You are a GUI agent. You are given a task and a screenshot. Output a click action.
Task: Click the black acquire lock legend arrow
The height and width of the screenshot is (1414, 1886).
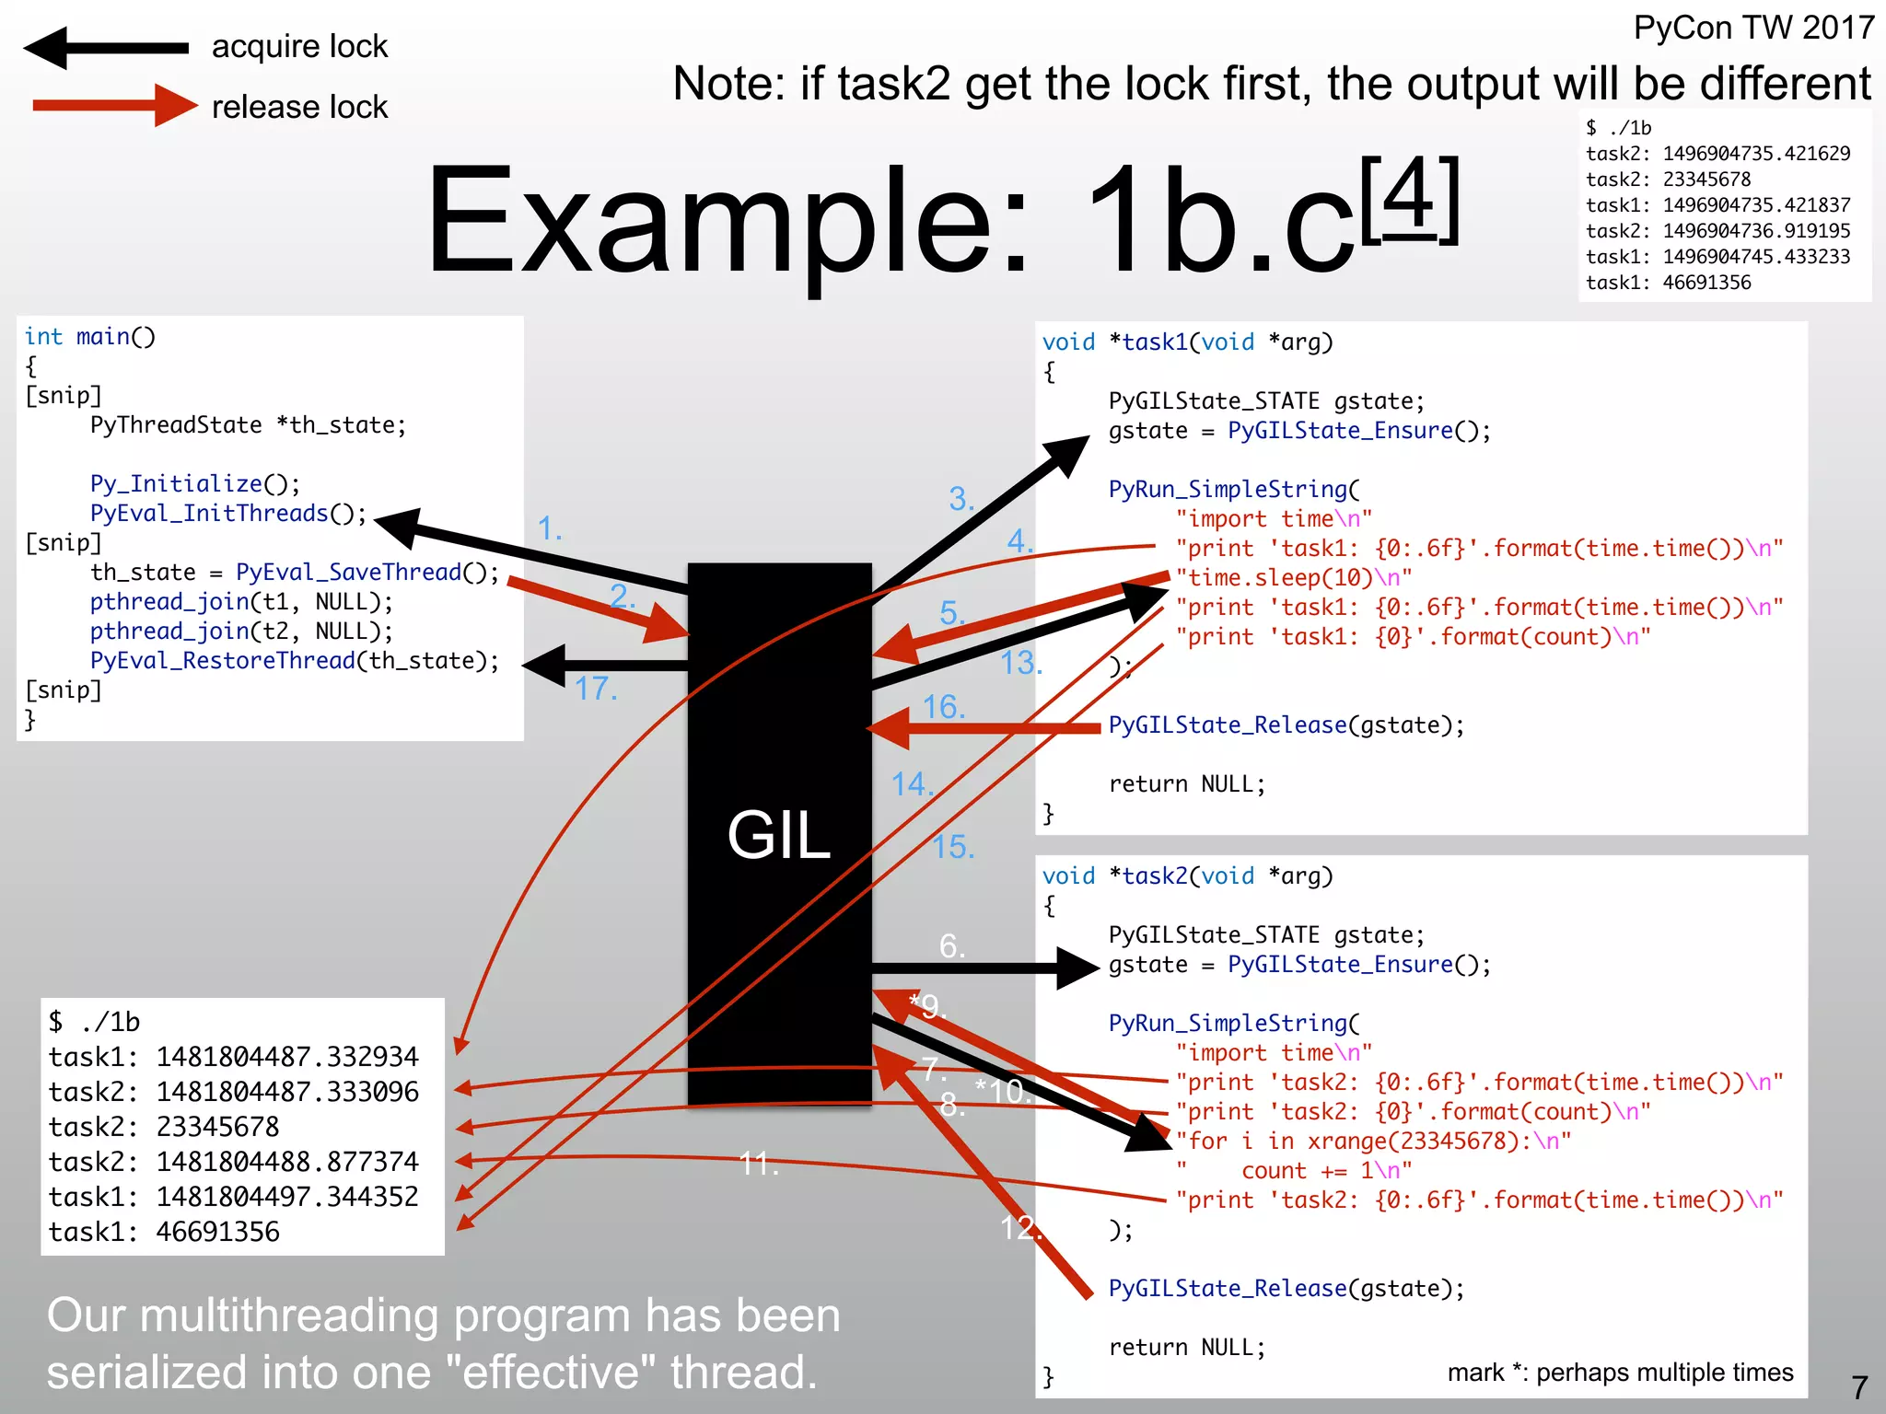(106, 48)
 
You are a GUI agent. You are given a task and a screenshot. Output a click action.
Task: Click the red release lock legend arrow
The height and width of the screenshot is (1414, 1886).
(115, 106)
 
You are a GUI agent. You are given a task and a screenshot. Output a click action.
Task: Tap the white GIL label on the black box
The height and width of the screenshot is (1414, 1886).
(778, 835)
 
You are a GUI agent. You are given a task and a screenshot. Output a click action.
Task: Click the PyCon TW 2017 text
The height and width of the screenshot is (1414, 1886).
(1753, 28)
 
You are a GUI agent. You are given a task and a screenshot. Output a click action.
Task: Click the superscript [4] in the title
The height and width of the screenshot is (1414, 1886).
(1409, 201)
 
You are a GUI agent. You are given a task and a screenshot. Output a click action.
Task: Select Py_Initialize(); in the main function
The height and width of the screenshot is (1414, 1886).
(195, 484)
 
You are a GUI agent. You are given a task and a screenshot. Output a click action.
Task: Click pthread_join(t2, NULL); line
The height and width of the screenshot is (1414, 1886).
(241, 632)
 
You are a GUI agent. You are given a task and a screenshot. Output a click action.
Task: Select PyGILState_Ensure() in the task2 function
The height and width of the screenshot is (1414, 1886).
(1358, 965)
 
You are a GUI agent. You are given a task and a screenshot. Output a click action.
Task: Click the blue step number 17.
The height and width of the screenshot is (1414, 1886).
(596, 689)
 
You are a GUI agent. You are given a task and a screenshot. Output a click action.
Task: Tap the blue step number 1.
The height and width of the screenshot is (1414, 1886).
(550, 529)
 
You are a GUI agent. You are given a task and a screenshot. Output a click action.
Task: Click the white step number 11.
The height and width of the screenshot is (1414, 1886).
(759, 1164)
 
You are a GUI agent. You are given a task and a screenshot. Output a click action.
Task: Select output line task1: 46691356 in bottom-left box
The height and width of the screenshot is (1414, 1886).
(164, 1232)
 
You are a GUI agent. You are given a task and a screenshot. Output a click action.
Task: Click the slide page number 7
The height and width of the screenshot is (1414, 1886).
(1859, 1387)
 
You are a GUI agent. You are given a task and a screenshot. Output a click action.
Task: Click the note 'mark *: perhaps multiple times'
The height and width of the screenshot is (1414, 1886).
(1620, 1373)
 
